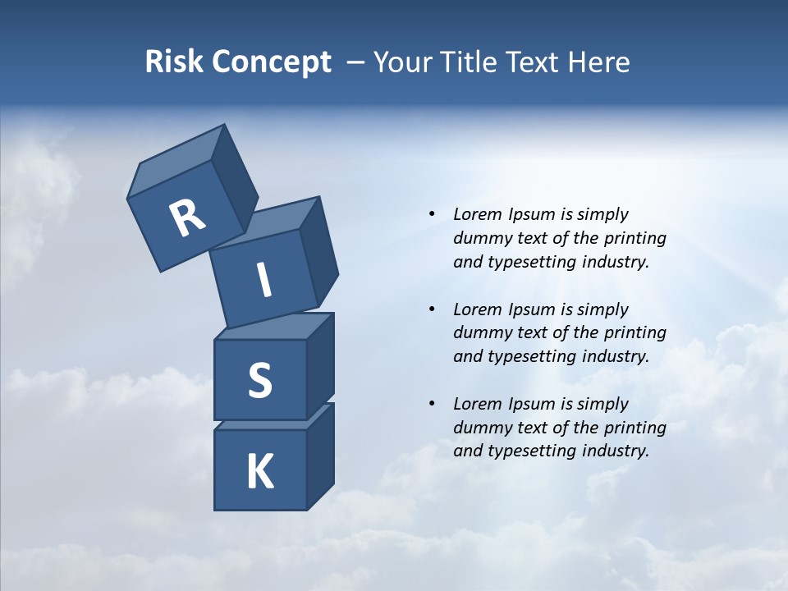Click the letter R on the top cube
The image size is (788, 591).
coord(187,218)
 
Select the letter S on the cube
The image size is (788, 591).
coord(260,380)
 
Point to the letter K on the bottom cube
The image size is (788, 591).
coord(260,472)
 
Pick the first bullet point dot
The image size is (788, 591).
coord(432,215)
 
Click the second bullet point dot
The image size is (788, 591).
coord(432,309)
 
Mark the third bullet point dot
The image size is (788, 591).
coord(432,404)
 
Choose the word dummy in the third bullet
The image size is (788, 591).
coord(480,428)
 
